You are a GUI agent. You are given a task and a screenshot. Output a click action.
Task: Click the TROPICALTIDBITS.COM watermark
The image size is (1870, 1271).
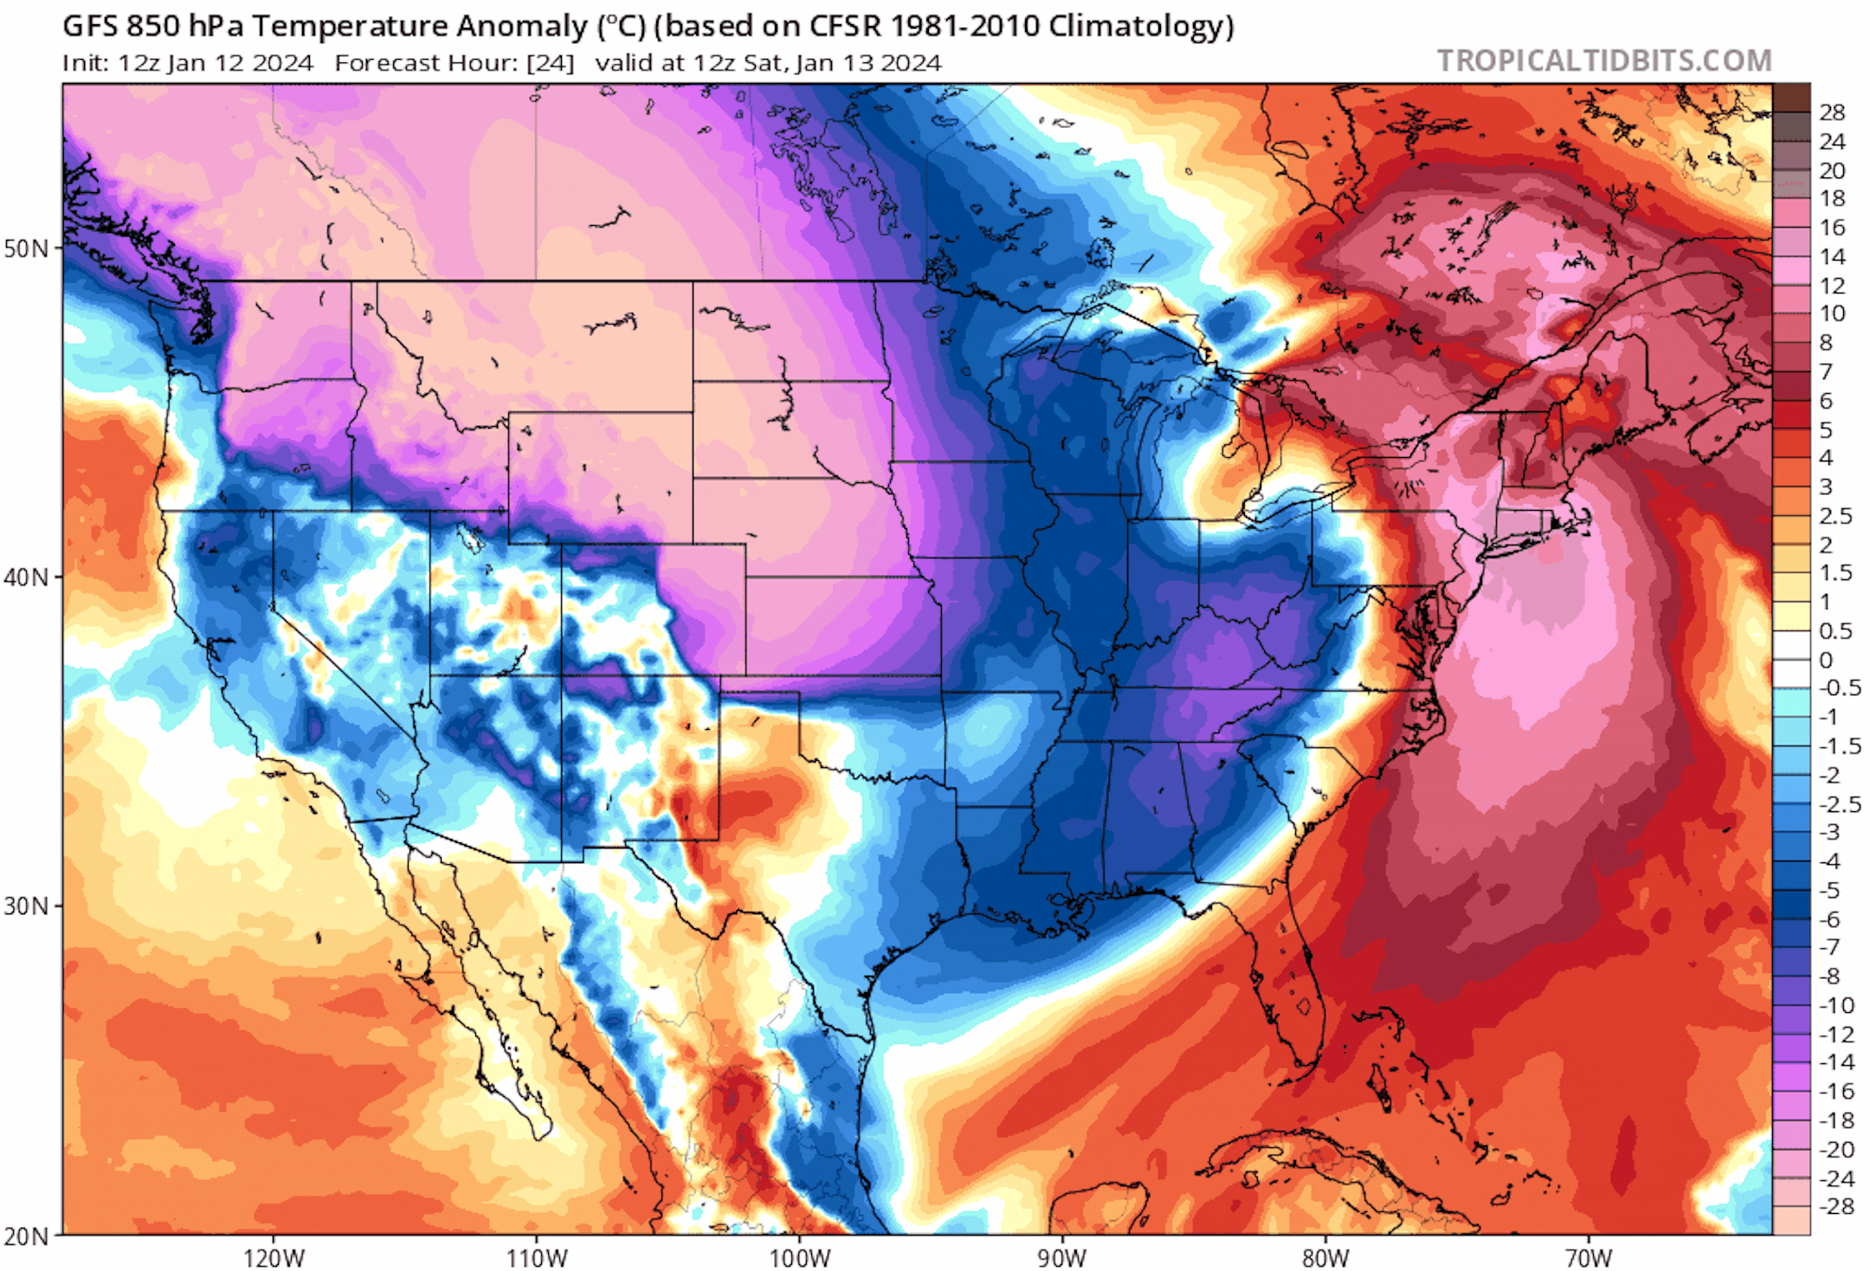(1604, 61)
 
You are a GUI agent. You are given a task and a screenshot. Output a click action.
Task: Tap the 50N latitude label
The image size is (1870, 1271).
(26, 248)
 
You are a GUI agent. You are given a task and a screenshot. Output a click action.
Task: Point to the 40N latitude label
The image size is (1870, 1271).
(26, 577)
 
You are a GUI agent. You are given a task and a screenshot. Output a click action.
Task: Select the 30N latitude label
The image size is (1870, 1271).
(26, 906)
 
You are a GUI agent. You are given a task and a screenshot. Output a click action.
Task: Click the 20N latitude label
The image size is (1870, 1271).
(26, 1236)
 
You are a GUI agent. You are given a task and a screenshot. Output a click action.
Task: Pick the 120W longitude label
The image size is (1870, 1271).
(274, 1257)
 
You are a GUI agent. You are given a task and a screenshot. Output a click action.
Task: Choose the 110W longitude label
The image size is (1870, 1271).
(537, 1257)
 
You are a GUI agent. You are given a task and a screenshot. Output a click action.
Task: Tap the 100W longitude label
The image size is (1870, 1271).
(800, 1257)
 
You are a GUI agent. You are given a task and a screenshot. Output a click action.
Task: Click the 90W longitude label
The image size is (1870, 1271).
(1062, 1257)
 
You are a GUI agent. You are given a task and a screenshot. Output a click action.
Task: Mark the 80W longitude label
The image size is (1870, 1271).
(1325, 1257)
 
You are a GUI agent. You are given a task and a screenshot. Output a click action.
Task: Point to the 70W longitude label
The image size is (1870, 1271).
(1589, 1257)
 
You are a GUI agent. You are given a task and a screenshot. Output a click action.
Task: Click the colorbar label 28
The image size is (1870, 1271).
(1832, 112)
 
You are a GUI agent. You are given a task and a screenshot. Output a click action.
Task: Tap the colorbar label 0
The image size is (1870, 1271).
(1826, 660)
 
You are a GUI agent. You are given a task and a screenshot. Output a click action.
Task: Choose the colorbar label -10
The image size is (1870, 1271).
(1835, 1005)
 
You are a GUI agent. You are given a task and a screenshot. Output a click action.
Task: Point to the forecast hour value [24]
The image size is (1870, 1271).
(550, 63)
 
